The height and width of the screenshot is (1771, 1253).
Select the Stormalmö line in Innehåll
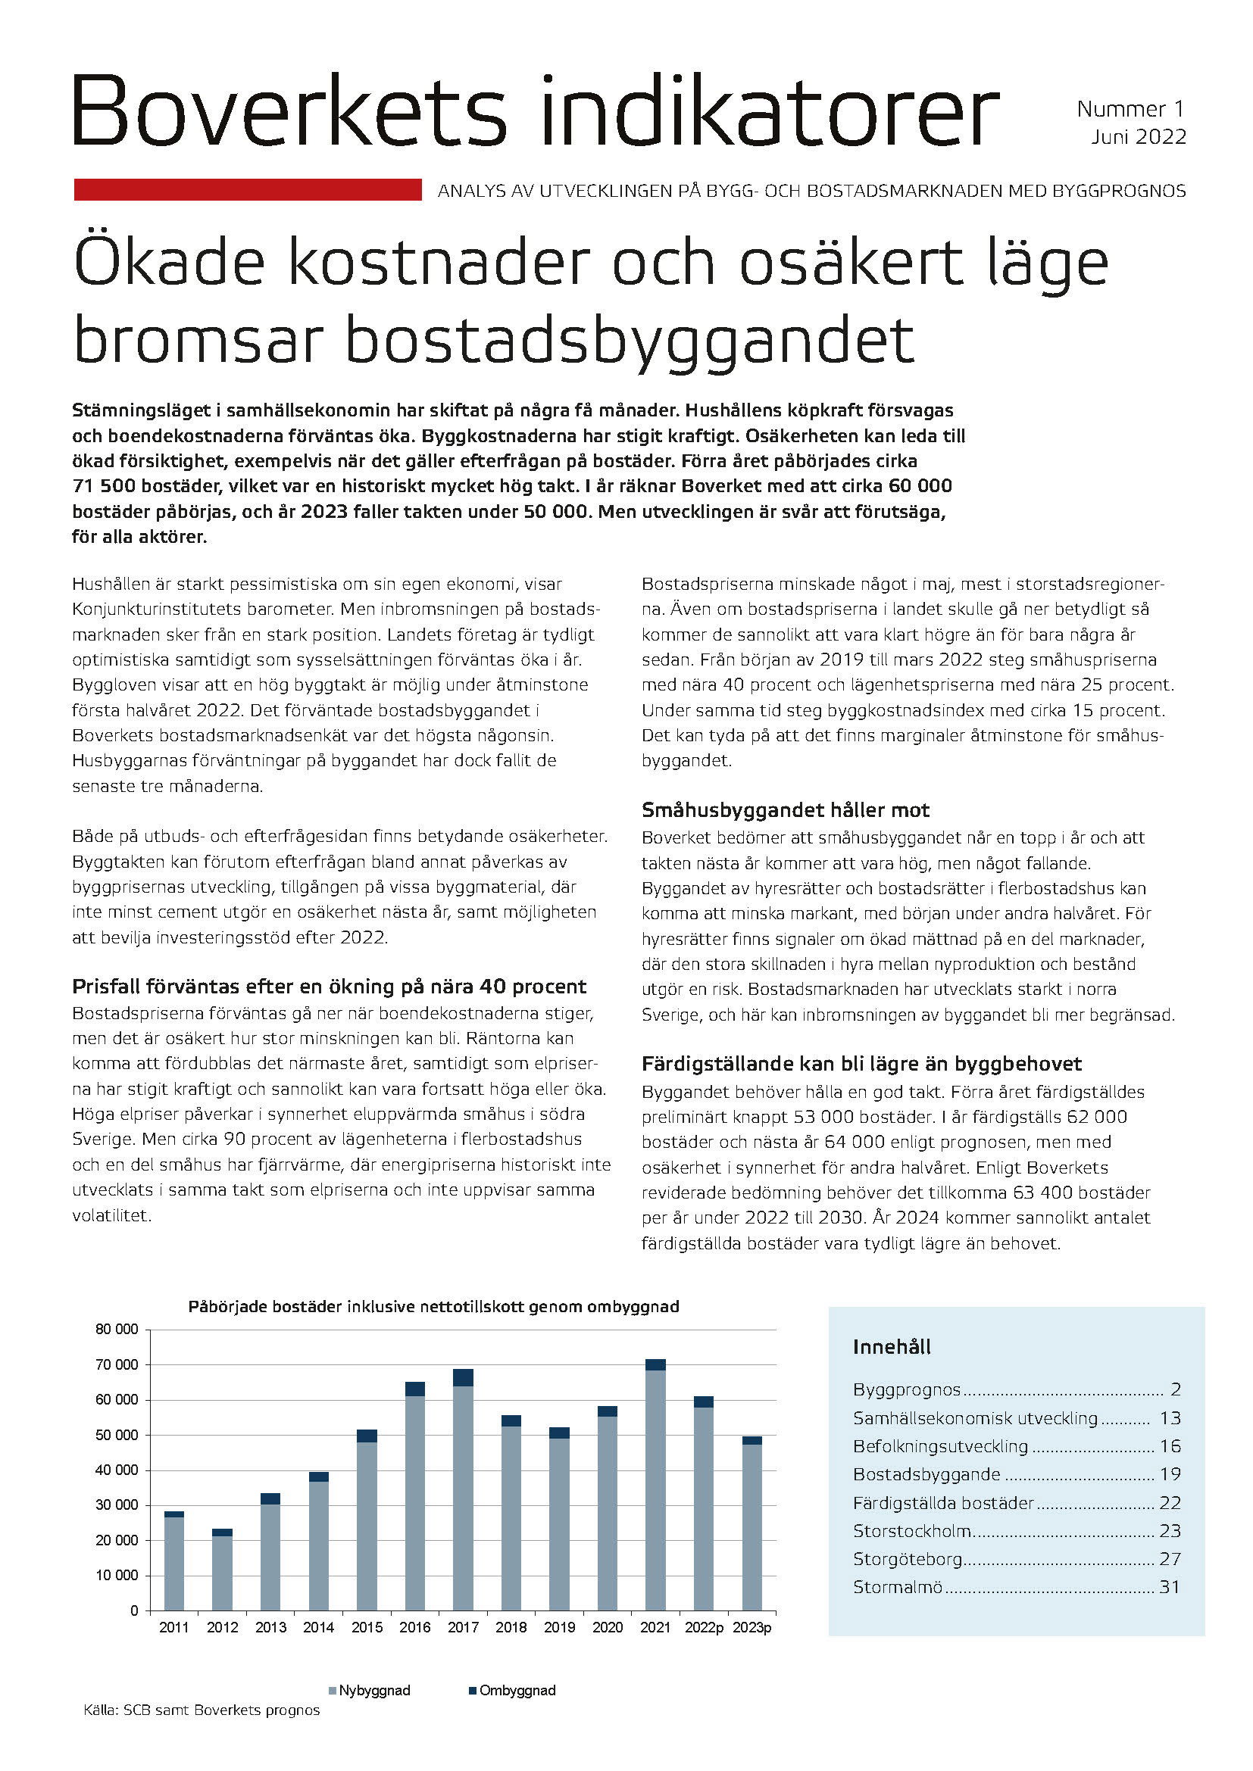pyautogui.click(x=899, y=1588)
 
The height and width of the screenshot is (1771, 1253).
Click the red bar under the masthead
pyautogui.click(x=248, y=190)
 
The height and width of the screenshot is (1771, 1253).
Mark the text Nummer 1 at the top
pyautogui.click(x=1130, y=109)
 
